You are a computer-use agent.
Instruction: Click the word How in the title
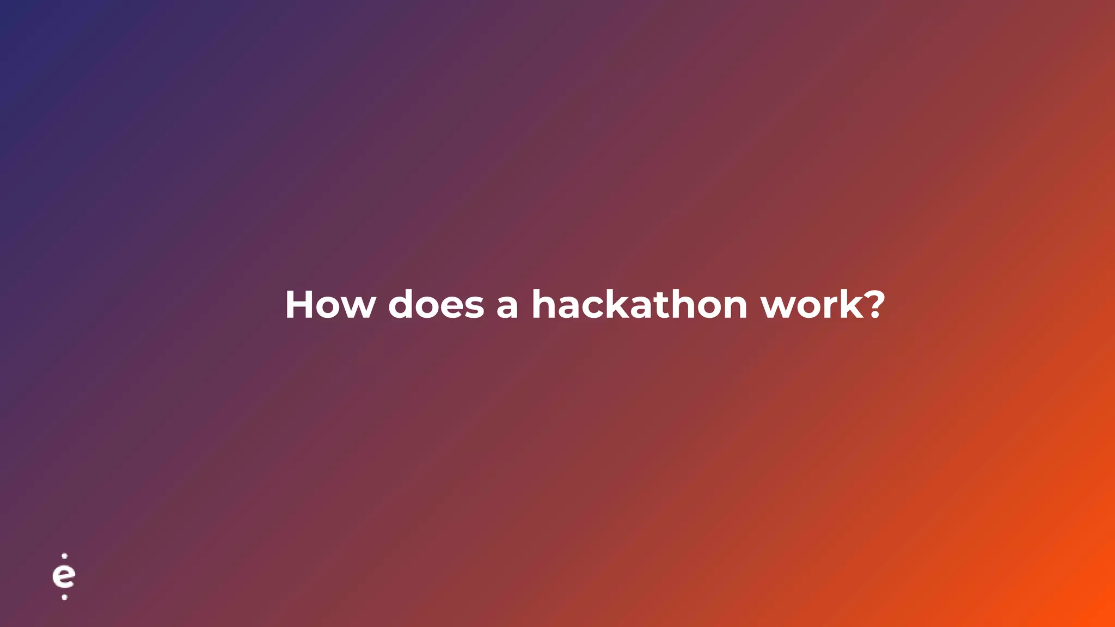330,305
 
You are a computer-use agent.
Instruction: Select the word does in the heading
436,305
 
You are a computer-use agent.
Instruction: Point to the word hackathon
639,305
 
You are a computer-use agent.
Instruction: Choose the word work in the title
812,305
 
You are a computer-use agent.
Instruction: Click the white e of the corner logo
64,577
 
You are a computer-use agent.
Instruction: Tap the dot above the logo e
64,556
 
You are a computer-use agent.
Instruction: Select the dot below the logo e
64,597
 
